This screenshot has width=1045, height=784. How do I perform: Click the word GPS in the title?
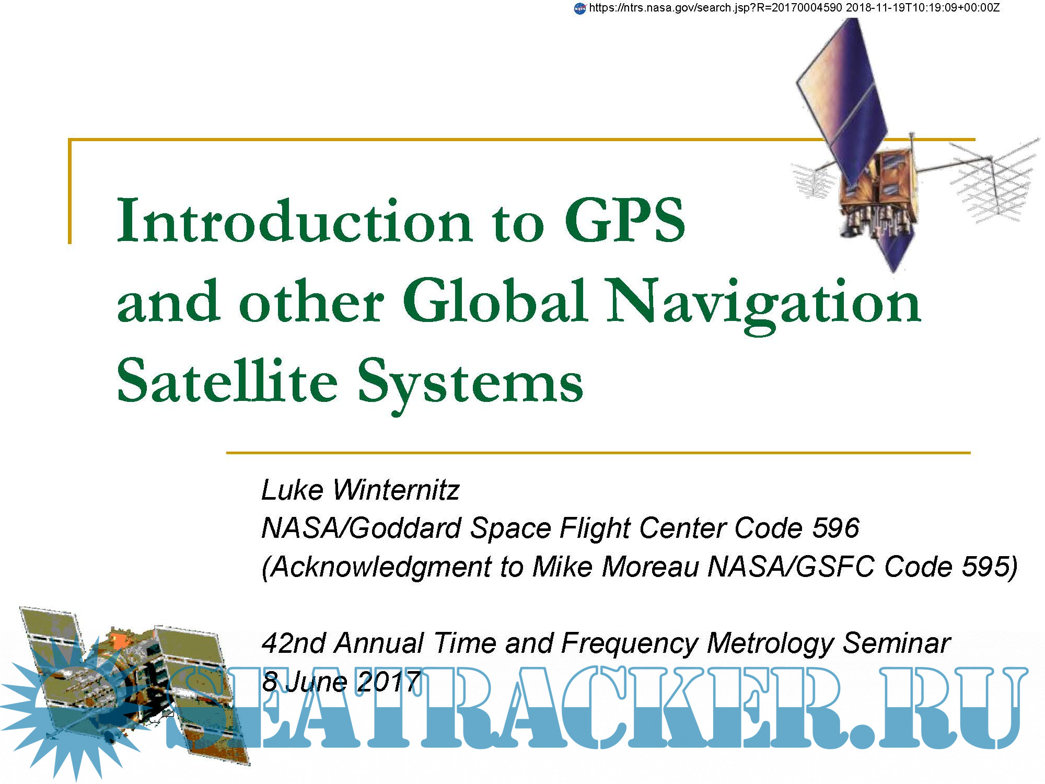[x=625, y=220]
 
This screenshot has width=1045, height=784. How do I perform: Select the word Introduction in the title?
[x=295, y=220]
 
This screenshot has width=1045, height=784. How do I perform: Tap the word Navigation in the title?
[x=763, y=304]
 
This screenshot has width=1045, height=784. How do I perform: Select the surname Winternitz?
[x=396, y=490]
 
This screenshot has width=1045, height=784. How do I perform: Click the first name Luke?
[x=293, y=490]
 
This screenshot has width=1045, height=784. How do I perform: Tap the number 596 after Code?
[x=835, y=528]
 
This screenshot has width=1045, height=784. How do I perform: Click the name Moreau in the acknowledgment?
[x=650, y=567]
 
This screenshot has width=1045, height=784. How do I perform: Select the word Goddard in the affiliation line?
[x=405, y=528]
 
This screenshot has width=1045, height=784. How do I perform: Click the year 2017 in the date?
[x=389, y=682]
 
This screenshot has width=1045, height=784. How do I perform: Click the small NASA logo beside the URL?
[x=580, y=8]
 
